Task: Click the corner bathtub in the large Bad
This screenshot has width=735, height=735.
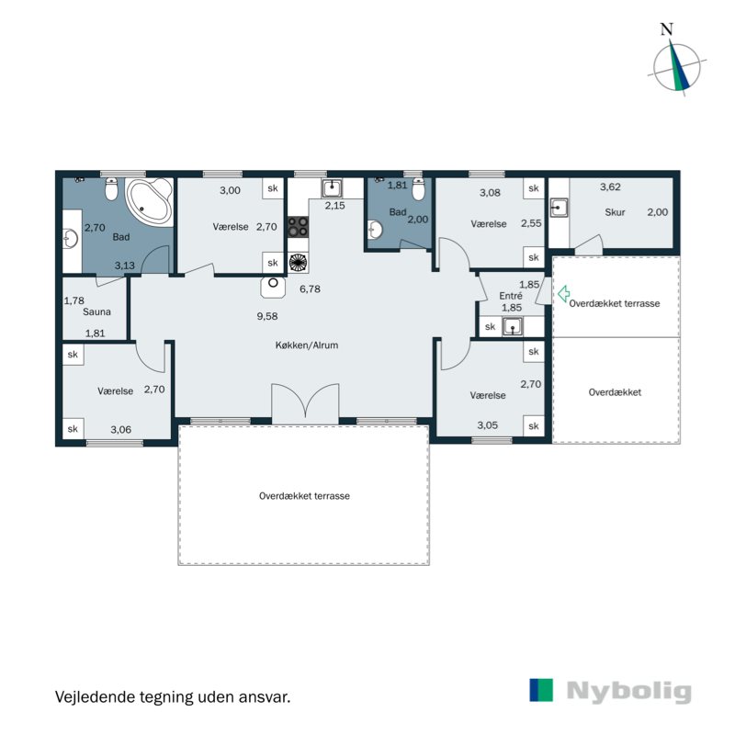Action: [x=150, y=200]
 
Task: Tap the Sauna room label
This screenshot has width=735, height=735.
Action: [x=96, y=311]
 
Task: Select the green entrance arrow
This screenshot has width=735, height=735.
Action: [x=563, y=293]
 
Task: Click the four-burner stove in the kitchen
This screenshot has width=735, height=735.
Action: [x=298, y=227]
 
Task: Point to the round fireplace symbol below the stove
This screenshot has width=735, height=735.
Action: [x=298, y=263]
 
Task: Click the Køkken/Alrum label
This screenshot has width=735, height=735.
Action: [x=307, y=345]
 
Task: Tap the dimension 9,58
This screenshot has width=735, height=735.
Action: [x=267, y=316]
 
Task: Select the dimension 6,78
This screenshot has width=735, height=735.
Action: [x=310, y=289]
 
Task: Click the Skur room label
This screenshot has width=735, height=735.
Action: [x=615, y=212]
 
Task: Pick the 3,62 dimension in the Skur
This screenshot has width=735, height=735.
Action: [x=610, y=187]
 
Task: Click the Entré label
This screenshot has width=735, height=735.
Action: [x=511, y=296]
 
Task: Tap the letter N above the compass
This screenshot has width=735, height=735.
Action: [x=667, y=29]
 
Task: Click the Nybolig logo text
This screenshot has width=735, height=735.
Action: [x=629, y=692]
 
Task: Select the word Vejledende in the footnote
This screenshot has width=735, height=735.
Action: [x=96, y=696]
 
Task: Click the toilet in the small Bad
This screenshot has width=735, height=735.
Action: [x=419, y=189]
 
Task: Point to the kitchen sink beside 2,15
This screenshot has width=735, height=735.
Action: [x=332, y=188]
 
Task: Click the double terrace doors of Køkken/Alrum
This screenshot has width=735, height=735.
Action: [x=305, y=401]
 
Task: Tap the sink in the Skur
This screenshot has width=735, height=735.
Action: [x=559, y=208]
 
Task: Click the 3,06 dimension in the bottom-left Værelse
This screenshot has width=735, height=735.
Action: [x=121, y=429]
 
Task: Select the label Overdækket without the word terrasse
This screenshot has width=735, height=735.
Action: [x=615, y=392]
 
